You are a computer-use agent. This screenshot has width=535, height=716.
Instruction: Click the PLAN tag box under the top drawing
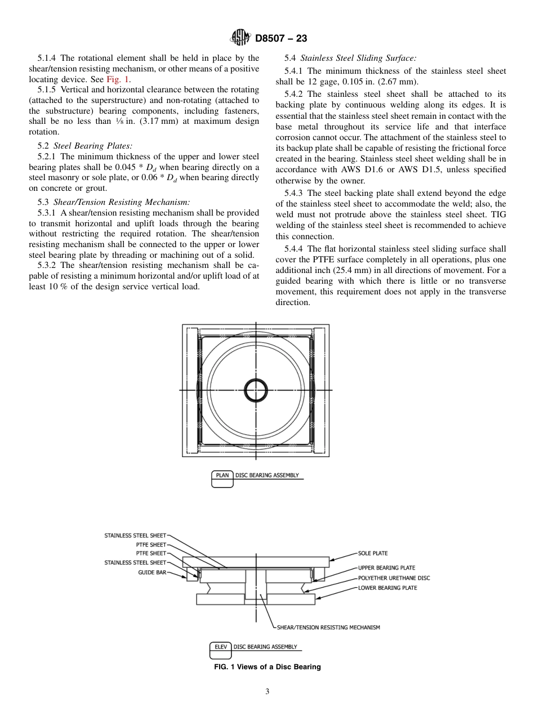(222, 475)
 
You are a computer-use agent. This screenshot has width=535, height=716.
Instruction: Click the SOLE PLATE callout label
(373, 553)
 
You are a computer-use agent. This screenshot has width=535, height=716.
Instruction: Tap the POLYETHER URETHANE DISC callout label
(394, 578)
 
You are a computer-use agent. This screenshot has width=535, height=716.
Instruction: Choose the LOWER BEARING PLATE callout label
(387, 588)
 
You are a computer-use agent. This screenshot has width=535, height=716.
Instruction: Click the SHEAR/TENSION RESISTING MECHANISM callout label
(328, 627)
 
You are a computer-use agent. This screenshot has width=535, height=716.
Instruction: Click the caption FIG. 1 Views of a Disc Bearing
(267, 667)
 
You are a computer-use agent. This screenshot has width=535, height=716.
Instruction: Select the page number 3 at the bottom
(267, 692)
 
